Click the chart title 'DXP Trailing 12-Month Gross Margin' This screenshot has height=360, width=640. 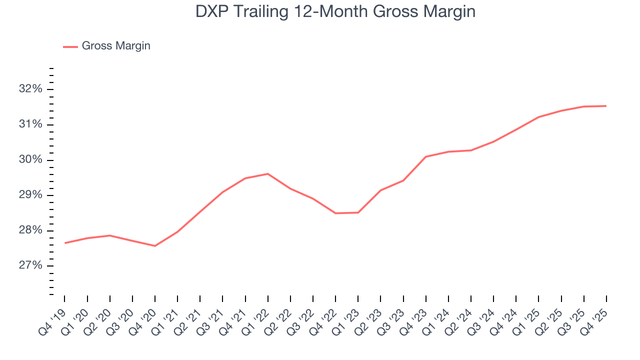[335, 11]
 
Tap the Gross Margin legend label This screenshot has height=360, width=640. [116, 46]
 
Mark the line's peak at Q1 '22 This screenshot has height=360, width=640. [268, 173]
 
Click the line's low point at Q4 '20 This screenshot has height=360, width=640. [155, 246]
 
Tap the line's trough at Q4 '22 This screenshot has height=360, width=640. [335, 213]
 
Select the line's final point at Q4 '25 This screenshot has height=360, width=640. [606, 106]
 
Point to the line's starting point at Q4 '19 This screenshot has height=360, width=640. [65, 243]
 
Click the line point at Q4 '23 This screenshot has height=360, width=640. [426, 156]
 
